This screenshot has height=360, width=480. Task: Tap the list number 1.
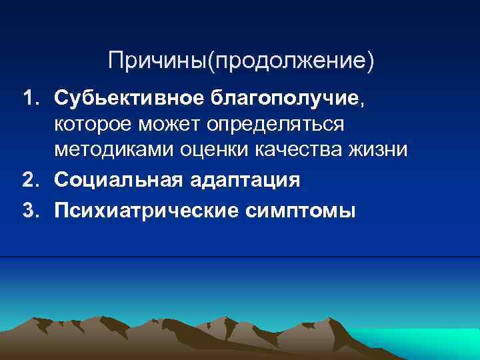point(29,99)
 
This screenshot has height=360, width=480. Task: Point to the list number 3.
point(29,211)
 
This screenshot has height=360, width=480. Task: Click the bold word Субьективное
point(131,99)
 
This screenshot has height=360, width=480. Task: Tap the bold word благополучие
point(285,99)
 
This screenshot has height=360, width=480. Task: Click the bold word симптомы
point(300,211)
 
